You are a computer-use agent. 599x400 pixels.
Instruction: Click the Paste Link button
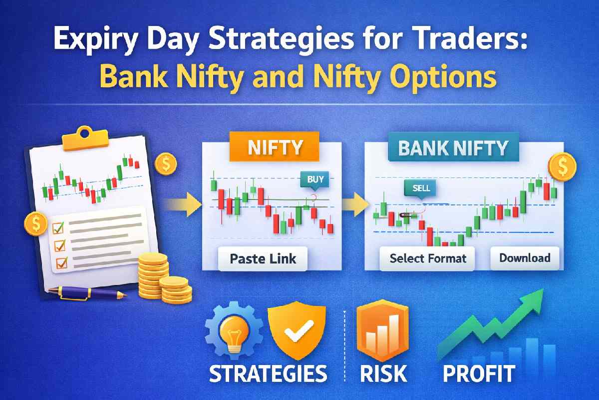[x=263, y=259]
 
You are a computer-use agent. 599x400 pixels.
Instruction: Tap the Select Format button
[x=428, y=258]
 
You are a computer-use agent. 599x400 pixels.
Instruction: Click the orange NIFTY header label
[x=274, y=147]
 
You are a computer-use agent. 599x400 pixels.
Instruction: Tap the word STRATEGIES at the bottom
[x=268, y=374]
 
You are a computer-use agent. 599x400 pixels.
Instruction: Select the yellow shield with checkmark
[x=296, y=330]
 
